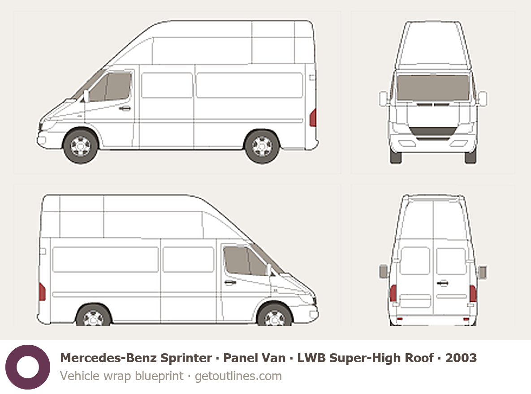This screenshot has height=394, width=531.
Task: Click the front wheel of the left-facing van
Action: tap(81, 146)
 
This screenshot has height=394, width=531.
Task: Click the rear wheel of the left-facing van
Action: tap(262, 146)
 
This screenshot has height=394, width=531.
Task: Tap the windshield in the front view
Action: tap(433, 87)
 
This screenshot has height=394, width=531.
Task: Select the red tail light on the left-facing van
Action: tap(313, 118)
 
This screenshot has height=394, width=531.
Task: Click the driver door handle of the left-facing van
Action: tap(125, 108)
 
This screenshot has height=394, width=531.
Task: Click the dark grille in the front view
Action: tap(433, 132)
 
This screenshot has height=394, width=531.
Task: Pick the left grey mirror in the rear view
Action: tap(384, 271)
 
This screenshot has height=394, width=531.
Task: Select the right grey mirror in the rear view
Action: tap(482, 272)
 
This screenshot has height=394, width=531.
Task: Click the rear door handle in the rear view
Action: tap(442, 283)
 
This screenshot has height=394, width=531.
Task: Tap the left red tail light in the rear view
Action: tap(393, 293)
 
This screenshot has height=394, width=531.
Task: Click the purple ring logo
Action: tap(28, 367)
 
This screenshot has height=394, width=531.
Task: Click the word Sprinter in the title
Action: tap(186, 358)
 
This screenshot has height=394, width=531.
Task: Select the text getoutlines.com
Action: tap(238, 376)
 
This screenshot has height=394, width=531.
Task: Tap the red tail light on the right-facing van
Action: tap(43, 292)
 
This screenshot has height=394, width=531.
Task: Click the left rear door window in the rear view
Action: tap(415, 261)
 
